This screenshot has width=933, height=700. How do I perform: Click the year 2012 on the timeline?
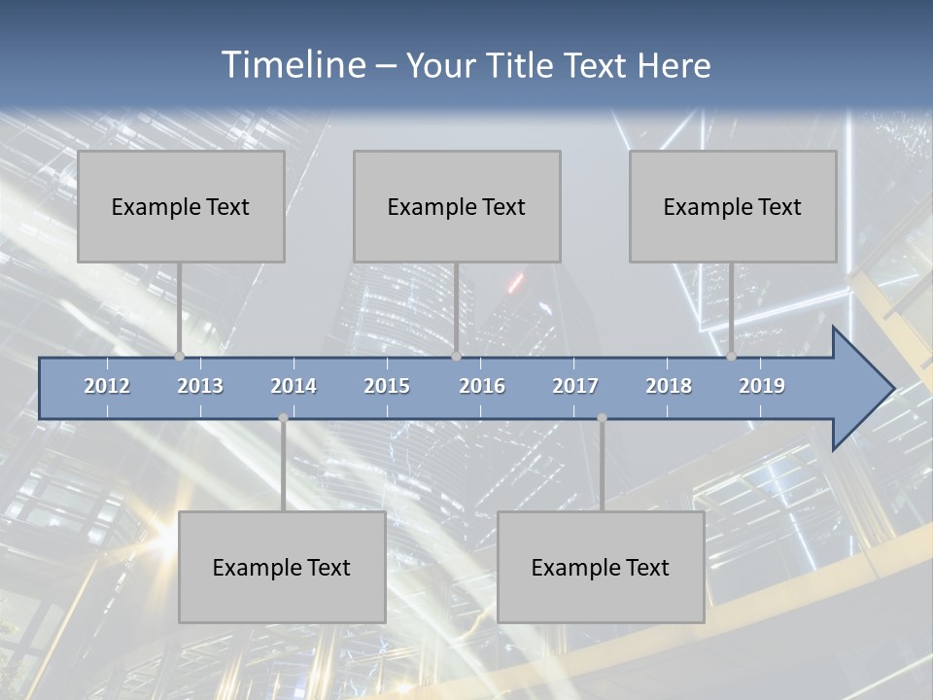pos(107,386)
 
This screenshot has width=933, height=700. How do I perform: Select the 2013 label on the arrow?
pos(200,386)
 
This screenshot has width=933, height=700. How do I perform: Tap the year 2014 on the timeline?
pos(294,386)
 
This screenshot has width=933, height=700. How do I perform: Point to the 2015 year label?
pos(387,386)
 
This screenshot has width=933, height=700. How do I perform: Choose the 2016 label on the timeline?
pos(482,386)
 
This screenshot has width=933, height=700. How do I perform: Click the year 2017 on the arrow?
pos(575,386)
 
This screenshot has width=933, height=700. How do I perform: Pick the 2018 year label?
pos(669,386)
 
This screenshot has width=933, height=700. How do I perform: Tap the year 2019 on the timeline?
pos(762,386)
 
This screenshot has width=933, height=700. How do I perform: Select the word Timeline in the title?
pos(293,65)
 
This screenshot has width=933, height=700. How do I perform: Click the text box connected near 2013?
pos(181,206)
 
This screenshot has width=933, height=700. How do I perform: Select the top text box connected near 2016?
pos(457,206)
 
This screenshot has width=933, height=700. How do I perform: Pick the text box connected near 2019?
pos(733,206)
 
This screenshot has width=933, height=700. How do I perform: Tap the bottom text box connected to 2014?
pos(282,567)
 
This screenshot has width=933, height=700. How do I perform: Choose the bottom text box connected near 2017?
pos(601,567)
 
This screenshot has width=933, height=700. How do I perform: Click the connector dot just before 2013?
pos(179,356)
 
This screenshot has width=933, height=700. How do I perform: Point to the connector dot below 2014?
pos(283,418)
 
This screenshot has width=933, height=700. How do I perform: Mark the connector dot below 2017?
pos(602,418)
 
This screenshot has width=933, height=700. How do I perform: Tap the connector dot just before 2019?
pos(731,356)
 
